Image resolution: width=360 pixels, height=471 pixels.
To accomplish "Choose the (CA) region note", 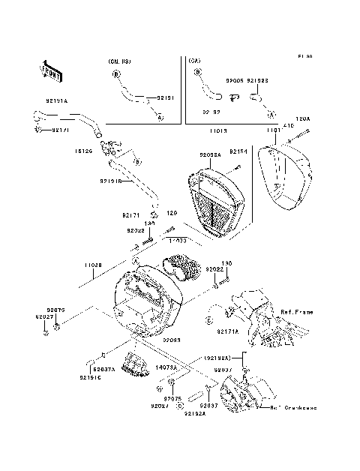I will [194, 60].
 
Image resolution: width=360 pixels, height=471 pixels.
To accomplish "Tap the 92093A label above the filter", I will [211, 155].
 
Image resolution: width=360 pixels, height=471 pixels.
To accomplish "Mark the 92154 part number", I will [238, 151].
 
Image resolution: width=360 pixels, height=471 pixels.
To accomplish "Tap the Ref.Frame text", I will [296, 311].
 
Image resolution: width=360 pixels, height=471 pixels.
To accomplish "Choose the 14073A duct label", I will [166, 367].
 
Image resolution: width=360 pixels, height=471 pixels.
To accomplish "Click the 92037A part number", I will [104, 369].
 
